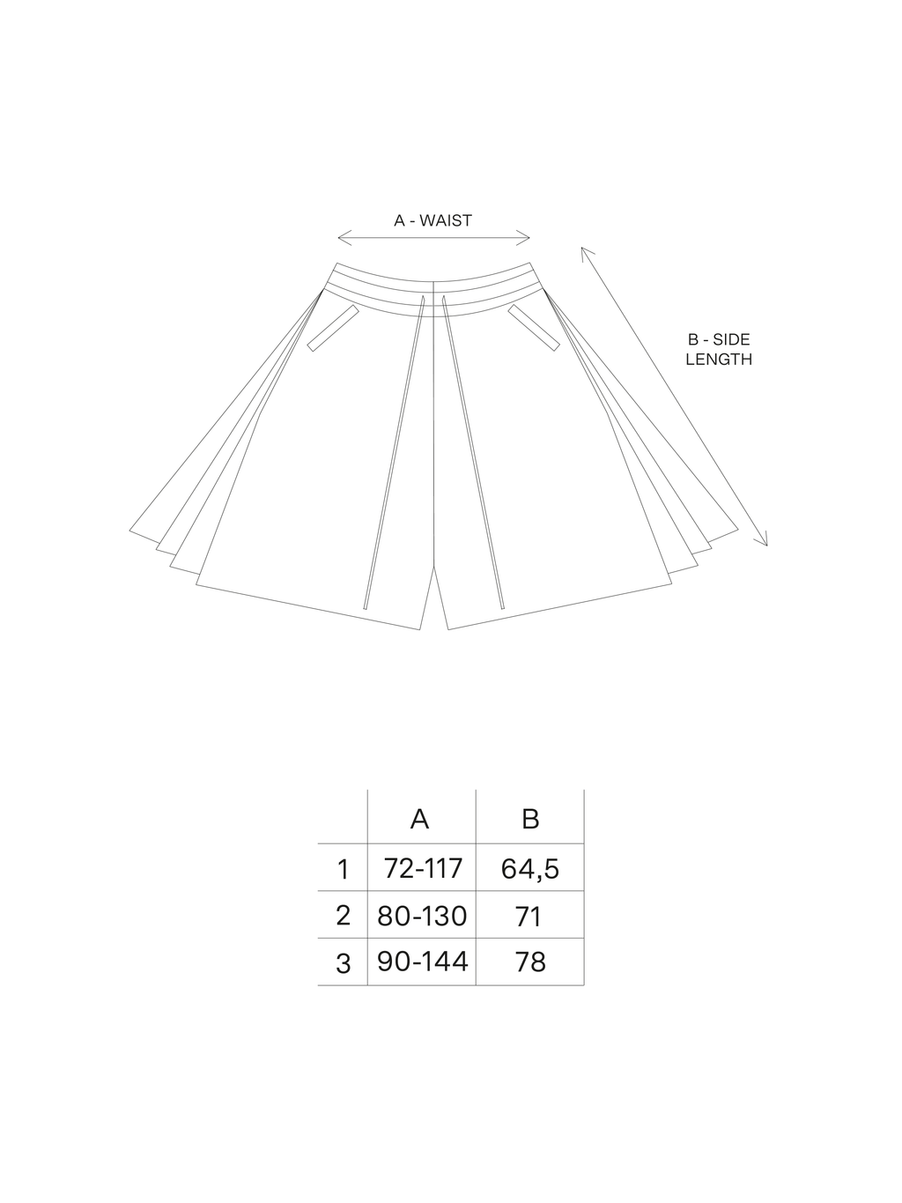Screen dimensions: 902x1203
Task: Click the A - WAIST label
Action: [433, 220]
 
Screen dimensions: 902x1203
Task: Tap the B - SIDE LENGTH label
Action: [719, 350]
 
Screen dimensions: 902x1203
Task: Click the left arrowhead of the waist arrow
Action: [344, 238]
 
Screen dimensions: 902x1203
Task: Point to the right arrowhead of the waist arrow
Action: [523, 238]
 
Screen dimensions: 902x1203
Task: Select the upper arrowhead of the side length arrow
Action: [587, 253]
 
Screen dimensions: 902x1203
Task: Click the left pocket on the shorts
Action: [333, 328]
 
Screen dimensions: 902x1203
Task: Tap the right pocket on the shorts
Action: [534, 328]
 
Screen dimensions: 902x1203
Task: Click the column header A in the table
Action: [419, 819]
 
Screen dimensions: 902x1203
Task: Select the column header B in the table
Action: [530, 819]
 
